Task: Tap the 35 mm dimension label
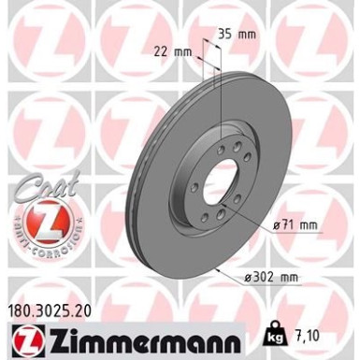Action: (236, 35)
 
